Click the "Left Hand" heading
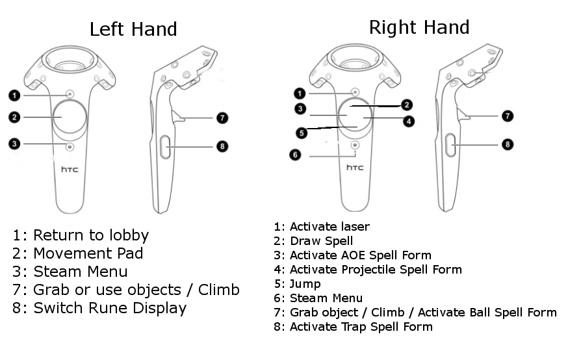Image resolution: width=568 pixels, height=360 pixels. [133, 29]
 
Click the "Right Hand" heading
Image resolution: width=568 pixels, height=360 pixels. [419, 27]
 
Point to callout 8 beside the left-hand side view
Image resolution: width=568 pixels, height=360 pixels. [222, 146]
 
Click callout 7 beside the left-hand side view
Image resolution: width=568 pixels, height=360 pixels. [222, 118]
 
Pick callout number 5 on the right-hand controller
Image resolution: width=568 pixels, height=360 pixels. [301, 133]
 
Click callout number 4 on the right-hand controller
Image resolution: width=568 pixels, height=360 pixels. [409, 120]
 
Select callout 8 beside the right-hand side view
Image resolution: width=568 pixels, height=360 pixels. [508, 144]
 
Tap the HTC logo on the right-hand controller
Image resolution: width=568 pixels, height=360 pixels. [354, 168]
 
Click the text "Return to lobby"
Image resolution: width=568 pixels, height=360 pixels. [91, 235]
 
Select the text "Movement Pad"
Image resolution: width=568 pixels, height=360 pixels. [88, 253]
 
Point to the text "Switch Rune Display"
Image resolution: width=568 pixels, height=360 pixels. [110, 308]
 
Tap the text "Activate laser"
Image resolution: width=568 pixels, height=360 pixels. [329, 227]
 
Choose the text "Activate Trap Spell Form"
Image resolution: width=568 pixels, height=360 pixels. [361, 327]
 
